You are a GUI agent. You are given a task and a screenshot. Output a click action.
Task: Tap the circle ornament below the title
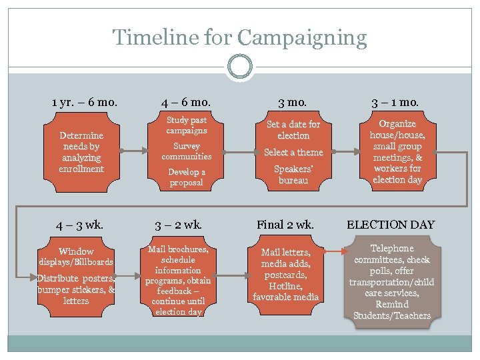239,66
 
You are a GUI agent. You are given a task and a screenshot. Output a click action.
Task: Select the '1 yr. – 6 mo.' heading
85,103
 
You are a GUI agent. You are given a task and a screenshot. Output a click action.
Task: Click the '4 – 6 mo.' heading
186,103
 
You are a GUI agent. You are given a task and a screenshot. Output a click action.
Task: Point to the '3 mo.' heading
293,103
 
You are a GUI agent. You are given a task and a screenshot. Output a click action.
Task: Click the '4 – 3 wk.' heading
81,225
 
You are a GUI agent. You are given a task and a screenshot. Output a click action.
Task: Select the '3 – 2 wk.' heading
178,225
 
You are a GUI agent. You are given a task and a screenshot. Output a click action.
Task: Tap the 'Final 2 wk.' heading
285,225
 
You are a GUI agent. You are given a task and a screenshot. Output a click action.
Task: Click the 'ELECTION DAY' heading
390,225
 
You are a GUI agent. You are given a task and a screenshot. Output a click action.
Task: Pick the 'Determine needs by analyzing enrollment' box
81,152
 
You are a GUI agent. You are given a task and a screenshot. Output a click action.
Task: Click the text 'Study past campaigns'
187,125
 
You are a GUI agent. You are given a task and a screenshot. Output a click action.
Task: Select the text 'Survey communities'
187,151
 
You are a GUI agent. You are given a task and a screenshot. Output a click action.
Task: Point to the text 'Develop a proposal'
187,177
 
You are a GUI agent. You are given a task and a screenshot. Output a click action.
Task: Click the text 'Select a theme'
293,153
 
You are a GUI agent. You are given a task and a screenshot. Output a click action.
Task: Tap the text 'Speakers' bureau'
293,175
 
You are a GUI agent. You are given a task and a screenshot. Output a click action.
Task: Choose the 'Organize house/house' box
397,152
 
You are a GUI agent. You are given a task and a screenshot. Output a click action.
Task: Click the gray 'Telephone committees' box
392,281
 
